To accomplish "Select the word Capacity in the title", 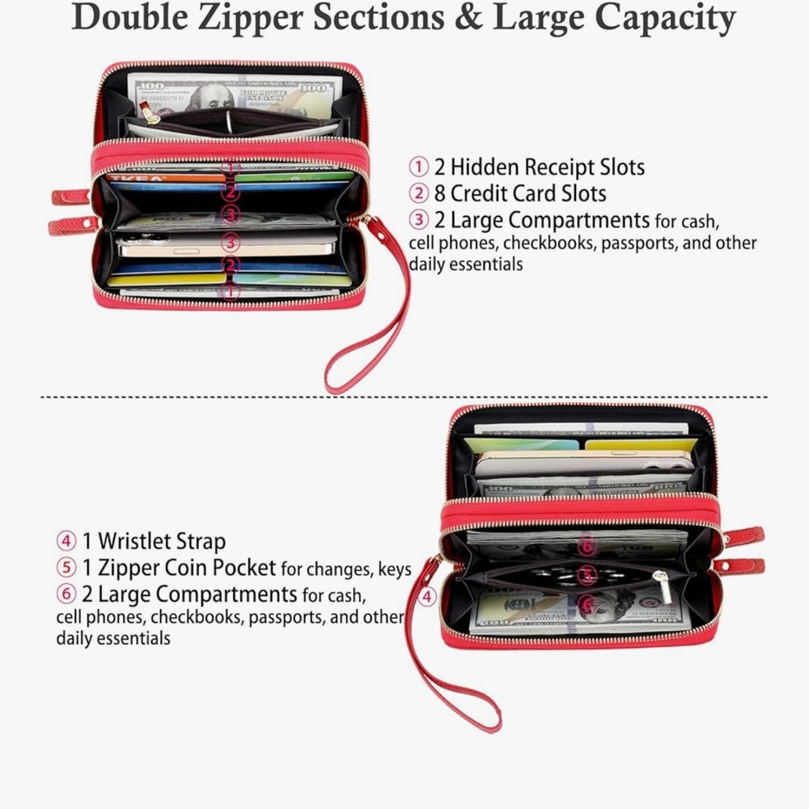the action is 665,19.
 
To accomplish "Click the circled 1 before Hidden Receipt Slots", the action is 418,167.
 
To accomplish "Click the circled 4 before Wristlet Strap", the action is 66,541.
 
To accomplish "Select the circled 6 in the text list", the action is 66,594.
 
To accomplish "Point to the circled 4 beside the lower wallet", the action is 426,597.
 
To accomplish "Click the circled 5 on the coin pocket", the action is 587,575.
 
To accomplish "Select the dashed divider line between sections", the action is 404,397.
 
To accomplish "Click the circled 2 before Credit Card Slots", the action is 418,193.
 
